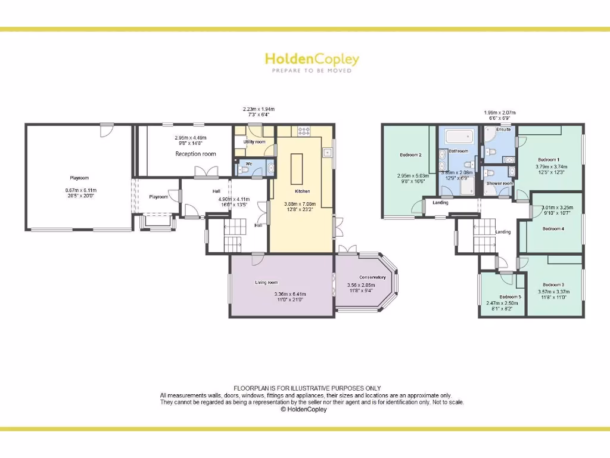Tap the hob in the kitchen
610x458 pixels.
(x=303, y=131)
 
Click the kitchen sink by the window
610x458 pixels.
(x=328, y=153)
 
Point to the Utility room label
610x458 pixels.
(x=254, y=142)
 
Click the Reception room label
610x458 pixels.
(x=195, y=154)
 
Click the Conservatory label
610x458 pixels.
(x=372, y=277)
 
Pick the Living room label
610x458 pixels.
(x=267, y=283)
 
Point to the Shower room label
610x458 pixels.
(x=500, y=184)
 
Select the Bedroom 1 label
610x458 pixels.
(x=549, y=160)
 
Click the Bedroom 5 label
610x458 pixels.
(x=510, y=297)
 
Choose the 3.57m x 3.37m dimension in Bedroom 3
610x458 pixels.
(x=554, y=292)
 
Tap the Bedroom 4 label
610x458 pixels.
(x=553, y=228)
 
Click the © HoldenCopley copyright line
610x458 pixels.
(x=304, y=410)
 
